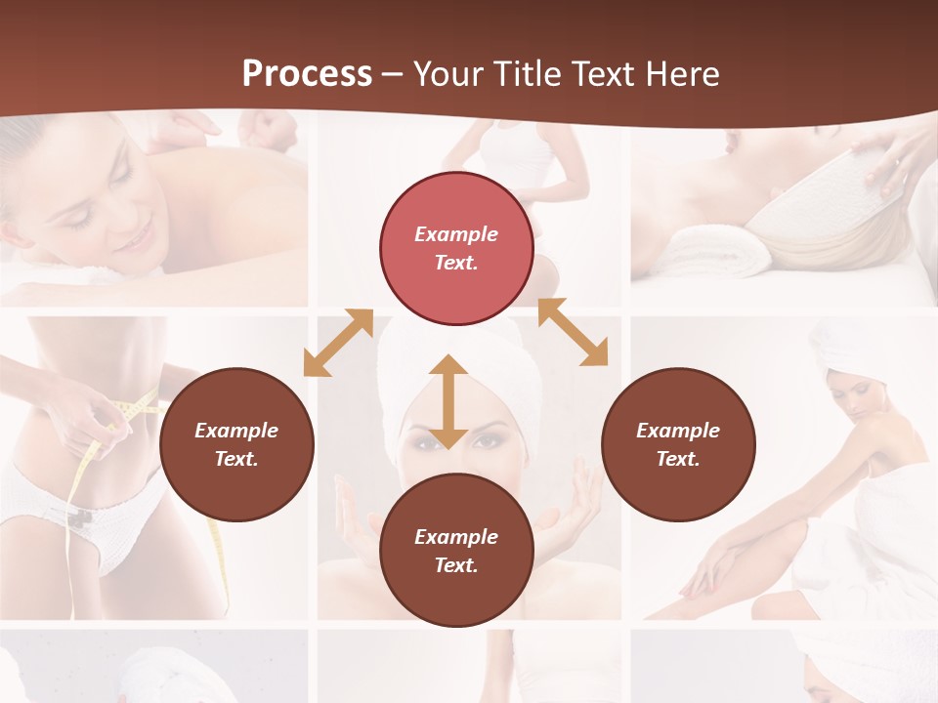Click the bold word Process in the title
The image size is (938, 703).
point(307,73)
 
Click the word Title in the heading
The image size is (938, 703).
point(528,73)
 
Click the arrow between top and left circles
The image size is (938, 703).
point(338,343)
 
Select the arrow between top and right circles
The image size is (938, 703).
point(573,332)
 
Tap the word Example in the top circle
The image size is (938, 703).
point(456,234)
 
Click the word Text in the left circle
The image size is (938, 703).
point(235,459)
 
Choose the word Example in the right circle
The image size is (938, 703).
point(678,431)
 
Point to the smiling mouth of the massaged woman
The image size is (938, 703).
point(143,237)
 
